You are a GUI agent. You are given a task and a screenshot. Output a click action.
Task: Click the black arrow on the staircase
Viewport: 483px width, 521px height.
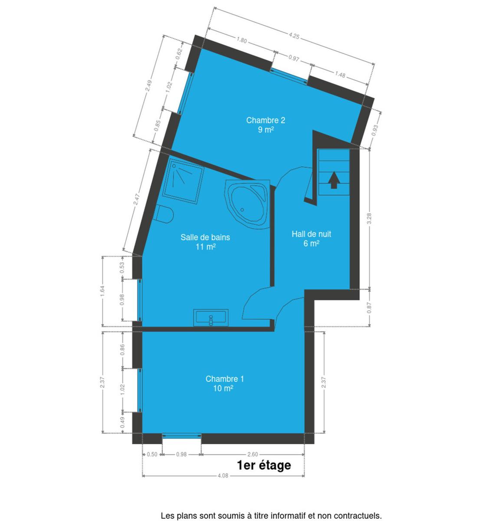(334, 180)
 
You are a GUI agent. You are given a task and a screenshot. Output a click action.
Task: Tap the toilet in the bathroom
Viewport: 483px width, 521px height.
(164, 214)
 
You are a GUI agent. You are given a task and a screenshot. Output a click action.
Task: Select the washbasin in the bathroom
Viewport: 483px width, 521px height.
(210, 318)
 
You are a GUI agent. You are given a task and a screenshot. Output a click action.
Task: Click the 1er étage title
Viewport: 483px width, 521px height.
(264, 465)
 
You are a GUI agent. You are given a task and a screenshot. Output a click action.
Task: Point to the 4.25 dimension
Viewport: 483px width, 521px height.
(294, 36)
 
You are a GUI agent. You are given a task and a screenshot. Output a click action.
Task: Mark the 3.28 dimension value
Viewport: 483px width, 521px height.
(369, 219)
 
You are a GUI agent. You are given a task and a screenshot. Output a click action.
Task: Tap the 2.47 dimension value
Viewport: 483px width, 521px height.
(136, 199)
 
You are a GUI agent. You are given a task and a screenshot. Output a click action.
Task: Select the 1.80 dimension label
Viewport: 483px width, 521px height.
(241, 40)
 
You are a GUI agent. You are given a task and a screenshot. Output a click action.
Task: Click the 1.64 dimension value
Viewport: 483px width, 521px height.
(102, 291)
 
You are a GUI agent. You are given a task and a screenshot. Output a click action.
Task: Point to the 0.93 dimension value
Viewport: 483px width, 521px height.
(375, 130)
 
